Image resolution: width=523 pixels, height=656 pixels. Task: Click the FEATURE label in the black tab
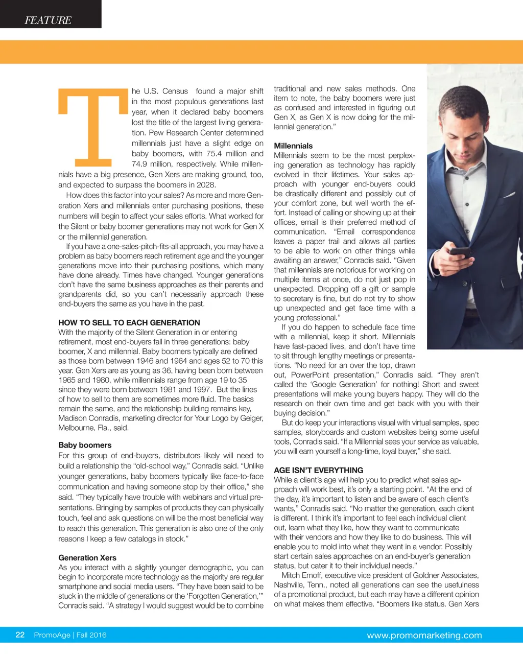coord(48,20)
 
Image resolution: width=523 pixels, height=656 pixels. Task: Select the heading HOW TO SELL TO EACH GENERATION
coord(129,322)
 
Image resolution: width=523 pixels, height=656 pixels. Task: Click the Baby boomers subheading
coord(85,445)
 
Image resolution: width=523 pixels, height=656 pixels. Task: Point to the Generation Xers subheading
coord(87,557)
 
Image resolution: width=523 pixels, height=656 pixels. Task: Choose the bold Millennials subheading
coord(293,146)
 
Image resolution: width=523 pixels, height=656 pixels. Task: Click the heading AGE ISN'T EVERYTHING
coord(319,470)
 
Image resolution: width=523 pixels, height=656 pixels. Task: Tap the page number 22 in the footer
coord(20,635)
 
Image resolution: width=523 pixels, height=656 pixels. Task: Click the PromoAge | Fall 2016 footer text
coord(70,635)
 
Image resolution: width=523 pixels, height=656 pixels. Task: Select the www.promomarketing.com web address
coord(424,636)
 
